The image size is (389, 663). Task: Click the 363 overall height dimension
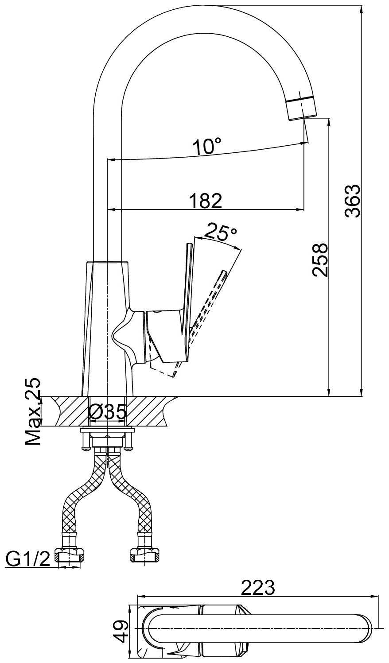[x=353, y=200]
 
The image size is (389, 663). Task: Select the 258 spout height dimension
[x=320, y=260]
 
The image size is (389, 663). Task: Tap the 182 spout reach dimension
[x=205, y=201]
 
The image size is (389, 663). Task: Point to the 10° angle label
[x=206, y=146]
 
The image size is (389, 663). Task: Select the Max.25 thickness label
[x=33, y=411]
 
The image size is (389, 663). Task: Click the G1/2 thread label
[x=27, y=559]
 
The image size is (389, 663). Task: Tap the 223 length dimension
[x=258, y=587]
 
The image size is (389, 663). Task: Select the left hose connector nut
[x=70, y=555]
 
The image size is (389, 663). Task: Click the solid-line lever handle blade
[x=187, y=288]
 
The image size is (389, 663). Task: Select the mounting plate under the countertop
[x=107, y=430]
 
